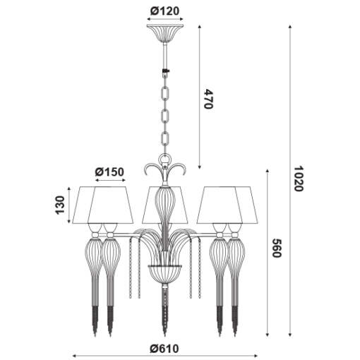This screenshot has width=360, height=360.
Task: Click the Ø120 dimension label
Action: [x=164, y=11]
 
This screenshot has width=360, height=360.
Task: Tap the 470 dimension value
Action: [x=208, y=99]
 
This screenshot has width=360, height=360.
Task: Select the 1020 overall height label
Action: [x=299, y=179]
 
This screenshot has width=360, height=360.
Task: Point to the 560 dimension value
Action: [x=277, y=248]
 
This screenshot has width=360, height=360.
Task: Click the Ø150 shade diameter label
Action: [x=109, y=172]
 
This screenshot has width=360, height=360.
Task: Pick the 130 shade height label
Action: [x=60, y=205]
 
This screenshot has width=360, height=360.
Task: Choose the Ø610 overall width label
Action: [x=164, y=349]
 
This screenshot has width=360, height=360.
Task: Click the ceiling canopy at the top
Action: [x=165, y=33]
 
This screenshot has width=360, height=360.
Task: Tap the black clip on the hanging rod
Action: [x=167, y=71]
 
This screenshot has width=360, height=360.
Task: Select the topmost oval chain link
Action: [x=165, y=92]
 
